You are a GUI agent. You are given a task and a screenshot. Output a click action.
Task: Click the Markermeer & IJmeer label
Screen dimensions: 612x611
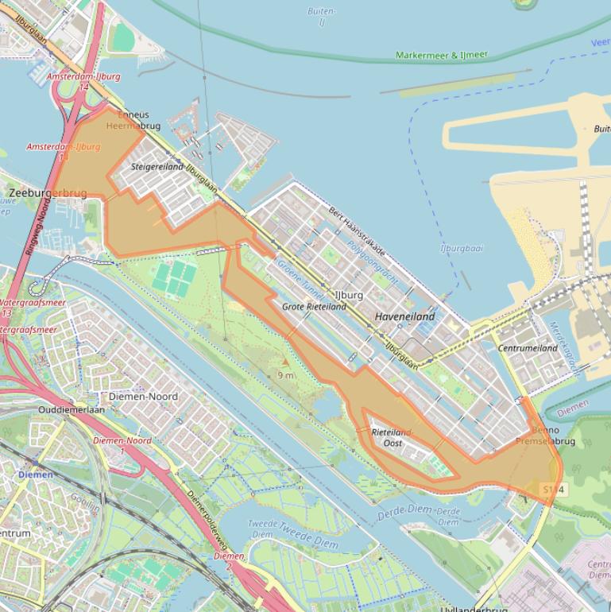(442, 56)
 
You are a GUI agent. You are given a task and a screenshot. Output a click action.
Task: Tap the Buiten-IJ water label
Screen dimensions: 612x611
(321, 17)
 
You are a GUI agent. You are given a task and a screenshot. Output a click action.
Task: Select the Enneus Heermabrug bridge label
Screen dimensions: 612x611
(133, 120)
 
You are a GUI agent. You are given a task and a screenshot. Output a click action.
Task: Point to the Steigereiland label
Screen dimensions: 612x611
(157, 167)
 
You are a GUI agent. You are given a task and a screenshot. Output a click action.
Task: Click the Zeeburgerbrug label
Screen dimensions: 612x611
(47, 193)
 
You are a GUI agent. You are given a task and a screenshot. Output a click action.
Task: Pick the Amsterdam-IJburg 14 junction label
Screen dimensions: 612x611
(83, 81)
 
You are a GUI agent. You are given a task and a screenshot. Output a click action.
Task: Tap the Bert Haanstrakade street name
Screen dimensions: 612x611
(357, 231)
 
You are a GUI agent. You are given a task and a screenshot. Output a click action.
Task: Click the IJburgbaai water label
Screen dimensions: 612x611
(462, 248)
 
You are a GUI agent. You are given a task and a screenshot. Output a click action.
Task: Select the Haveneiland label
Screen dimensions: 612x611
(404, 316)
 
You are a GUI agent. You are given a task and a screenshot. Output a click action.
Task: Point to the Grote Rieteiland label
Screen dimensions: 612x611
(314, 306)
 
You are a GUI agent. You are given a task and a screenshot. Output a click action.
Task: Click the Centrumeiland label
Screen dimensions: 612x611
(528, 348)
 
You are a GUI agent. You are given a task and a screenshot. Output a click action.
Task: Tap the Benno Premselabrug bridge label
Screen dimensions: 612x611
(545, 436)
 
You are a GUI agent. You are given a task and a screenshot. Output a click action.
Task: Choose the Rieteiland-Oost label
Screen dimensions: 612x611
(393, 437)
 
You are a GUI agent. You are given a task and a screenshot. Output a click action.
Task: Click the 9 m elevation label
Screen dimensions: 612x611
(285, 374)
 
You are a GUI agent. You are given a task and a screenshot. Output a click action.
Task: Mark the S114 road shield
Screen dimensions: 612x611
(554, 489)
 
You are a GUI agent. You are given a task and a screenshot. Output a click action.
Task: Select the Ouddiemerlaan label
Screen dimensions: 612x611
(72, 410)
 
